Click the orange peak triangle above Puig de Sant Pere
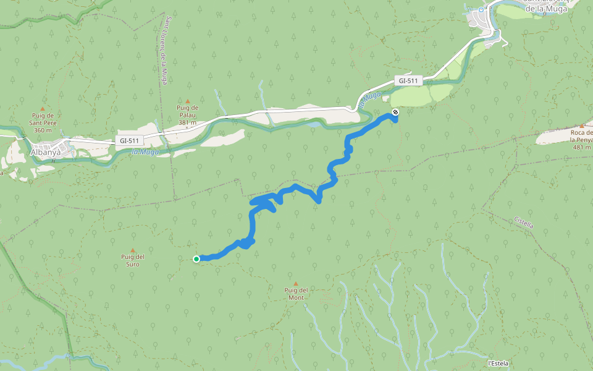[43, 108]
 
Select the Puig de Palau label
[187, 115]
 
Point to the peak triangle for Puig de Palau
[188, 101]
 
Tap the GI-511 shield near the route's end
[408, 80]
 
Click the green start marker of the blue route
[196, 259]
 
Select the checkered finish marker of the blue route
[395, 112]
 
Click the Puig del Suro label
[133, 260]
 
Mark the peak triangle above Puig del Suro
[132, 250]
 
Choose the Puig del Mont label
[295, 294]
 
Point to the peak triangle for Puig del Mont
[295, 283]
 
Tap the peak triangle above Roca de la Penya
[582, 126]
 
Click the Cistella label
[523, 223]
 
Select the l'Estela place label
[498, 363]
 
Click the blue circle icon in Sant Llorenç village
[481, 11]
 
